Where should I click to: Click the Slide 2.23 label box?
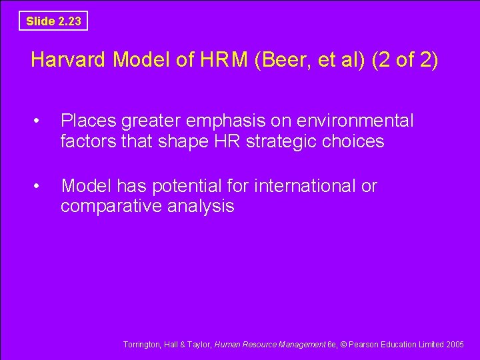53,21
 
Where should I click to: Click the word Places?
88,121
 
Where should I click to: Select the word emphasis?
233,121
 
